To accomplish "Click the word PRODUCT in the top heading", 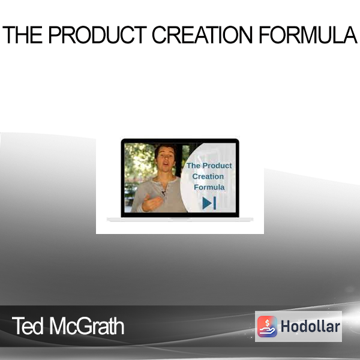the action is [98, 35].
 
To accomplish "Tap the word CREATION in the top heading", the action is [202, 35].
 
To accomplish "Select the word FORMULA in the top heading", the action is [308, 35].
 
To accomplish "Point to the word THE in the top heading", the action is [23, 35].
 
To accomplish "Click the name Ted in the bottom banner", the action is [28, 326].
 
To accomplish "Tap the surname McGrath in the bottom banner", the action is [86, 326].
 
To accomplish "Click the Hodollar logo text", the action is [310, 326].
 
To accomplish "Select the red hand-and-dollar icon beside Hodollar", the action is [267, 326].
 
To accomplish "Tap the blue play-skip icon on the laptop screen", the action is [209, 203].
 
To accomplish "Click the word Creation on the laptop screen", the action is [208, 176].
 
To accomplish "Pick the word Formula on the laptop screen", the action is [209, 187].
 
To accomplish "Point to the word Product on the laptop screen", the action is [217, 166].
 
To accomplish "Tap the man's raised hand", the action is [151, 203].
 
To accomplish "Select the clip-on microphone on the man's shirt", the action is [163, 193].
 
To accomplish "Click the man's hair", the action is [165, 149].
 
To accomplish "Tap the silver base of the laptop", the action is [180, 220].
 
